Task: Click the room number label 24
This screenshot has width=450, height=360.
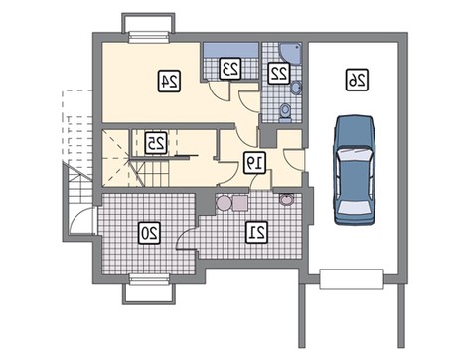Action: click(x=169, y=81)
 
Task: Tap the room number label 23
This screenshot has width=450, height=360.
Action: click(x=230, y=69)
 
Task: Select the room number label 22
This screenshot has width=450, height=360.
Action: click(x=279, y=73)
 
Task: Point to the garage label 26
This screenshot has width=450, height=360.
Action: click(x=358, y=80)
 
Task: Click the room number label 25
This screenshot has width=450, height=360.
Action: click(x=156, y=143)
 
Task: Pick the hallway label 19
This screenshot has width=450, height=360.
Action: click(x=254, y=163)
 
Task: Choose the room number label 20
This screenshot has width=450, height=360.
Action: click(x=149, y=233)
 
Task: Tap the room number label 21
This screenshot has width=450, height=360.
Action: click(x=256, y=232)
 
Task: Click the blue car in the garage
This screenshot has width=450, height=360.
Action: click(x=354, y=170)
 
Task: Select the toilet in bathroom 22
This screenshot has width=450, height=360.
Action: click(x=284, y=112)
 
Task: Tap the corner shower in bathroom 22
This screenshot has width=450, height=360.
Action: click(x=290, y=53)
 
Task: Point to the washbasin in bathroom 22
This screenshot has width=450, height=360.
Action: click(x=296, y=88)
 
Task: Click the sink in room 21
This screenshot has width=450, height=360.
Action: click(x=286, y=200)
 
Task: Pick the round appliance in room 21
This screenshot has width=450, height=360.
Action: click(x=224, y=203)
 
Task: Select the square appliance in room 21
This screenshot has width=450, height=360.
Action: click(x=240, y=203)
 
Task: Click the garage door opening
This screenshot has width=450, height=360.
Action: click(x=352, y=279)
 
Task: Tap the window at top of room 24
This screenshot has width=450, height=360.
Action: click(x=149, y=37)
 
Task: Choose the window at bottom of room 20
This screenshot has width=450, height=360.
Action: click(x=149, y=279)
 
